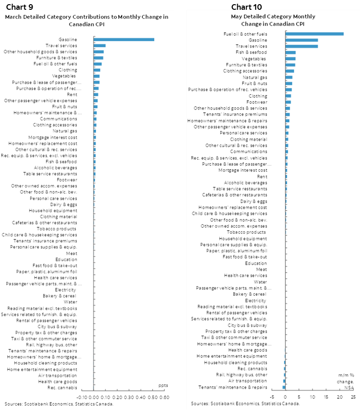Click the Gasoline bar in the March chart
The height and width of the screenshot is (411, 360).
(x=124, y=39)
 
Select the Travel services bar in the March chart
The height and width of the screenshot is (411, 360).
(x=100, y=46)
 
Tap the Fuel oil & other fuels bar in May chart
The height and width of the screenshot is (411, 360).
(x=314, y=34)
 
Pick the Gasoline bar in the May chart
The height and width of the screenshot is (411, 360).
(x=302, y=40)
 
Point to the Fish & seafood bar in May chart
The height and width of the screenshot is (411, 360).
(x=291, y=52)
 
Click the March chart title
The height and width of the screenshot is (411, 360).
(x=86, y=21)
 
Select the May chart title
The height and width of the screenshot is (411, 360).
(x=273, y=20)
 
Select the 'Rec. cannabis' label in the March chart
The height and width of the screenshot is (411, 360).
(x=62, y=388)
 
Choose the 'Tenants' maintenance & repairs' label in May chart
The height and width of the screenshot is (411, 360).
(x=233, y=387)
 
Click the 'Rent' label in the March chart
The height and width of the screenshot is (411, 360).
(x=72, y=94)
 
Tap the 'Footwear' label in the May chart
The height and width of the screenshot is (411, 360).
(x=257, y=102)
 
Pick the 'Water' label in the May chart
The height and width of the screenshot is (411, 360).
(x=260, y=282)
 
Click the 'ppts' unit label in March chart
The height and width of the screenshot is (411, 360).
(x=163, y=385)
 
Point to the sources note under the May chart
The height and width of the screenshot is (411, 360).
(x=245, y=404)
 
